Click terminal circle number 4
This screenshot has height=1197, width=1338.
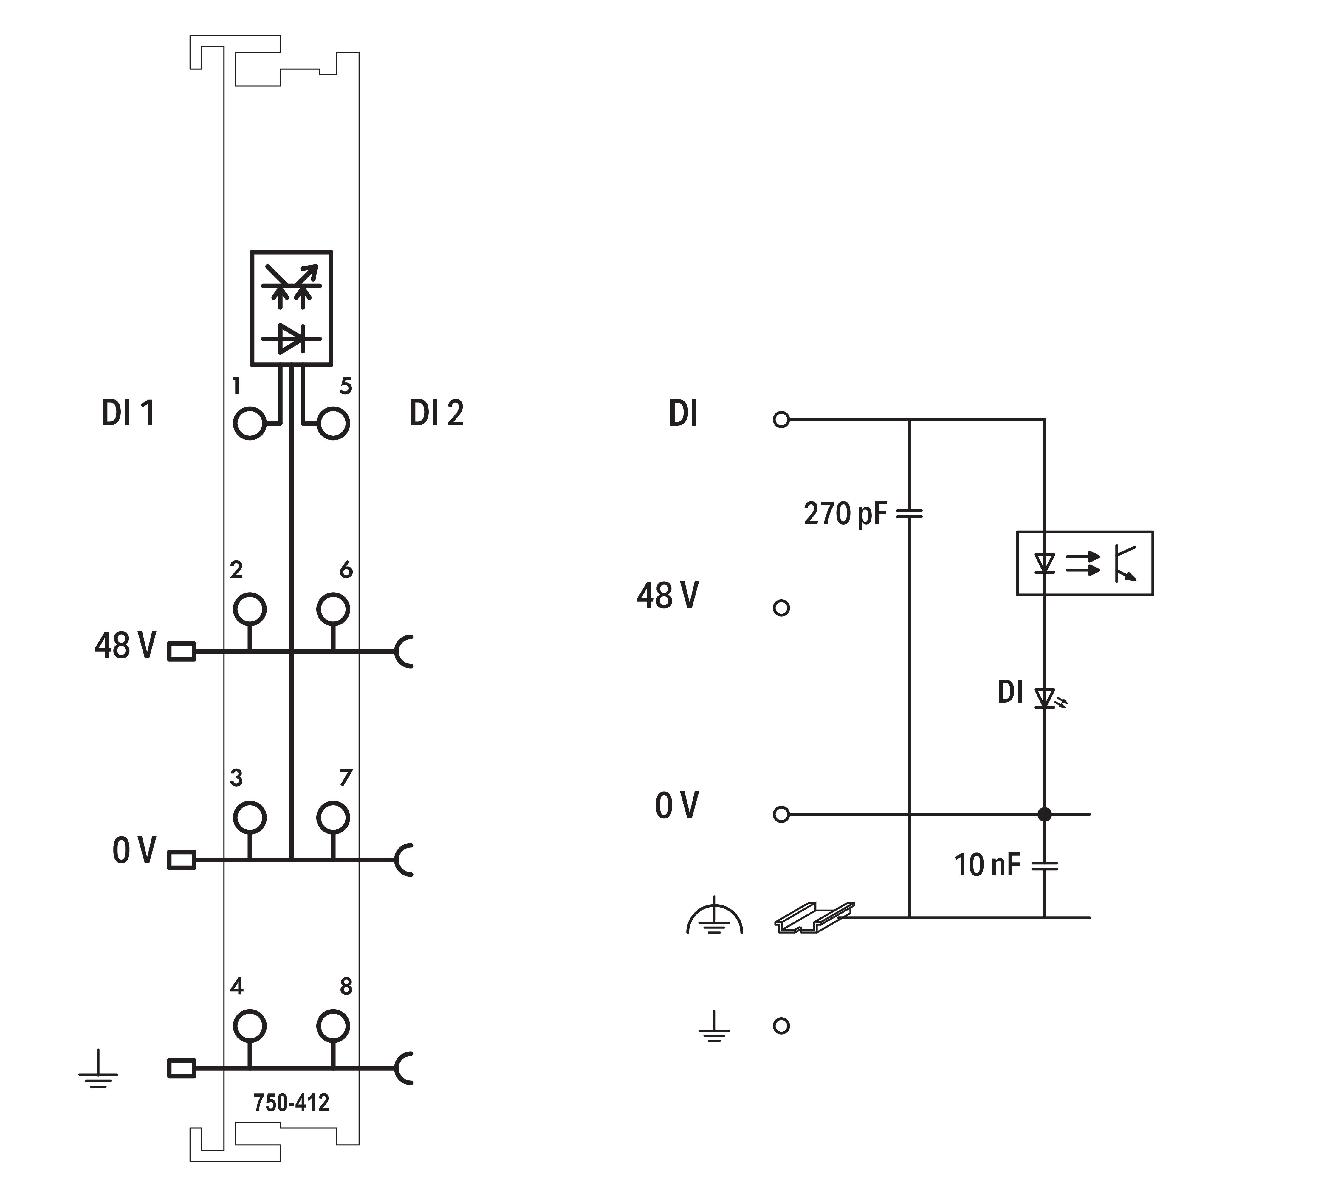(x=249, y=1025)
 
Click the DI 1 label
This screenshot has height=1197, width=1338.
(x=128, y=413)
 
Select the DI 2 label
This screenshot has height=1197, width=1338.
(x=436, y=413)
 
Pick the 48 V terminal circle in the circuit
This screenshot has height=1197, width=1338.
(x=781, y=608)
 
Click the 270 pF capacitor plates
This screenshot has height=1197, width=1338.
(x=909, y=513)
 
